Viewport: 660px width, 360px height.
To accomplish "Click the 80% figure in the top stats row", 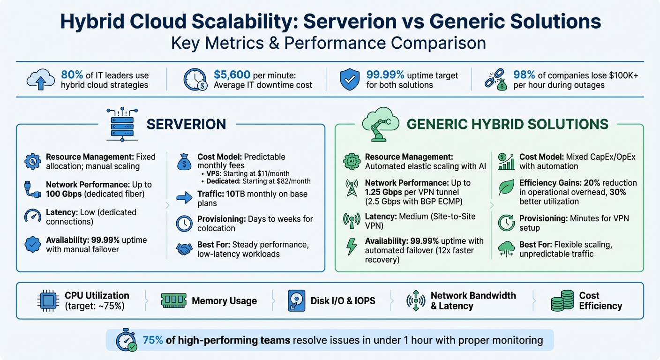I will click(72, 75).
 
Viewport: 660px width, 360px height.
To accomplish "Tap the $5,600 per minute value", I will click(232, 75).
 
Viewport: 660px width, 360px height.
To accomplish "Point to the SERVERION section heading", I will click(186, 124).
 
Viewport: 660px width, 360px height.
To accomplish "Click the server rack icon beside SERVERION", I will click(120, 123).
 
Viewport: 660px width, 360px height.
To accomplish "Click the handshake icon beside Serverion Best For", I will click(184, 249).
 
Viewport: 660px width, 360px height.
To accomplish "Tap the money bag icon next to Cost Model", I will click(184, 162).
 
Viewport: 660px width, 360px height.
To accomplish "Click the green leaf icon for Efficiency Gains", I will click(505, 187).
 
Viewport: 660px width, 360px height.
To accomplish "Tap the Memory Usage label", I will click(224, 301).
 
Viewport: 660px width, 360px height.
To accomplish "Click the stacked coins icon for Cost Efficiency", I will click(562, 301).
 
